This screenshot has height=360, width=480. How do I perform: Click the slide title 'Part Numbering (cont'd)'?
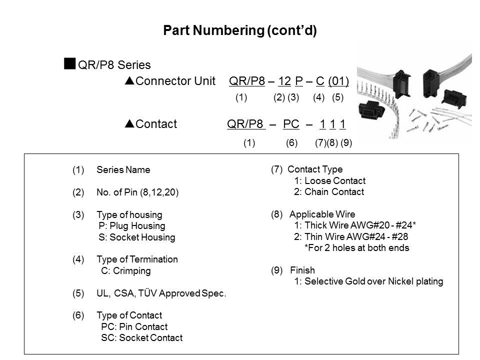(240, 31)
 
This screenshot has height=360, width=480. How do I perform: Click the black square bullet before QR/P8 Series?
(69, 63)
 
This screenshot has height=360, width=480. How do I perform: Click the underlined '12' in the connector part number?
(285, 81)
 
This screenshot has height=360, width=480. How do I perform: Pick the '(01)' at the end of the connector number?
(338, 81)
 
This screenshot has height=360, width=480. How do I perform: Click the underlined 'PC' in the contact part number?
(291, 124)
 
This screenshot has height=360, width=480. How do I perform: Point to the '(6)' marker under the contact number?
(292, 143)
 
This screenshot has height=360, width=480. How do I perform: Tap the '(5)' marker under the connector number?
(338, 98)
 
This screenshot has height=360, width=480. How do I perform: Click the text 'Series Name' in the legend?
(123, 170)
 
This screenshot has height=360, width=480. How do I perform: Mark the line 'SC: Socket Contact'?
(141, 338)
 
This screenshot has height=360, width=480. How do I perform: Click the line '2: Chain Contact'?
(329, 192)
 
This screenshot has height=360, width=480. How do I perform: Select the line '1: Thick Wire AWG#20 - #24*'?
(355, 226)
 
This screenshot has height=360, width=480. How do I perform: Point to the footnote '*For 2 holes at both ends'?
(356, 248)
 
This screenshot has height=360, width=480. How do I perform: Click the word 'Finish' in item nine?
(302, 270)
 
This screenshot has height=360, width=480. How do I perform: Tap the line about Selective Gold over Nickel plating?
(368, 281)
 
